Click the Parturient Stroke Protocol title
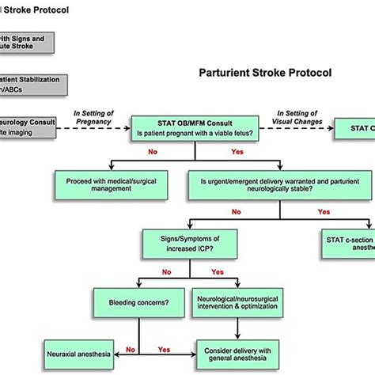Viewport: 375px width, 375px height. pyautogui.click(x=264, y=73)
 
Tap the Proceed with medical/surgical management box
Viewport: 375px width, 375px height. pyautogui.click(x=108, y=185)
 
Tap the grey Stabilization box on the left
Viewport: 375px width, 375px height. pyautogui.click(x=27, y=85)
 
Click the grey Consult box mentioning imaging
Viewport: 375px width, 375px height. pyautogui.click(x=27, y=129)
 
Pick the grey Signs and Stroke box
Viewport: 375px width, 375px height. pyautogui.click(x=27, y=40)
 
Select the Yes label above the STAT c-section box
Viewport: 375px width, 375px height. pyautogui.click(x=324, y=211)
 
